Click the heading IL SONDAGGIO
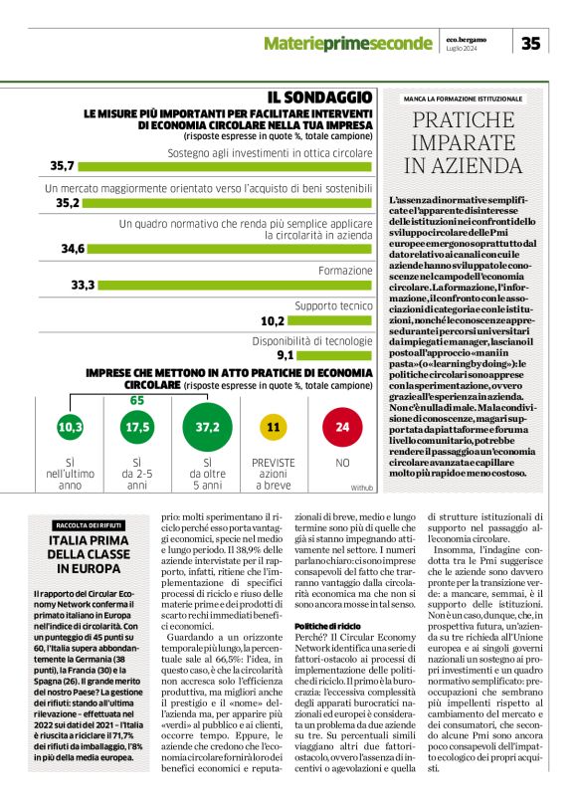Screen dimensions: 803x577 point(319,97)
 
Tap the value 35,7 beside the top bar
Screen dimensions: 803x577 point(64,165)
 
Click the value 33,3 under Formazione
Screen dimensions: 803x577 point(83,286)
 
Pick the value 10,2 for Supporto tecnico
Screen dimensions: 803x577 point(273,321)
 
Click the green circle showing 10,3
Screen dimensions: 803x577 point(70,427)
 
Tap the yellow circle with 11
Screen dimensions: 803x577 point(274,427)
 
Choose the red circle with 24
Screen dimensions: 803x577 point(342,427)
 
